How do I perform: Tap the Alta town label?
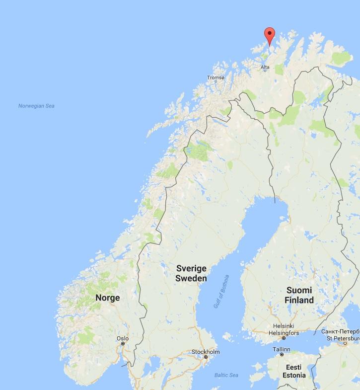pyautogui.click(x=265, y=67)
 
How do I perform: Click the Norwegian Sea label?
pyautogui.click(x=36, y=106)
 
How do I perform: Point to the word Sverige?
pyautogui.click(x=191, y=269)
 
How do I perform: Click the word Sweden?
pyautogui.click(x=191, y=279)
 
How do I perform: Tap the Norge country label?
pyautogui.click(x=108, y=298)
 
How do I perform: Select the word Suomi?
pyautogui.click(x=299, y=290)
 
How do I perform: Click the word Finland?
pyautogui.click(x=299, y=300)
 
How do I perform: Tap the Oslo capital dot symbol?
pyautogui.click(x=123, y=344)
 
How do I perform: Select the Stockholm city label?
pyautogui.click(x=205, y=352)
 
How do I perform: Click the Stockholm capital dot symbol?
pyautogui.click(x=205, y=357)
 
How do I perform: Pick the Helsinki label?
pyautogui.click(x=283, y=326)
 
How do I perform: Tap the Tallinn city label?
pyautogui.click(x=282, y=349)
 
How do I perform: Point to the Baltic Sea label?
pyautogui.click(x=226, y=375)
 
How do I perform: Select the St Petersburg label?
pyautogui.click(x=343, y=338)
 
